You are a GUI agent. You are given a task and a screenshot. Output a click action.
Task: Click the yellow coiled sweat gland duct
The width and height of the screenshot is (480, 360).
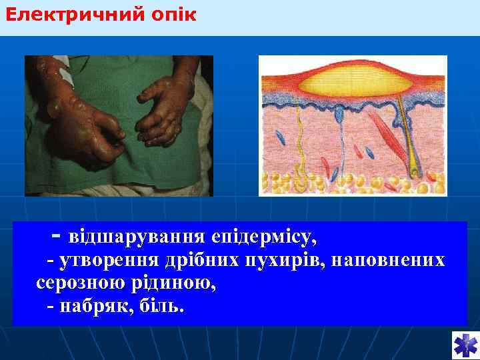click(x=300, y=153)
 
